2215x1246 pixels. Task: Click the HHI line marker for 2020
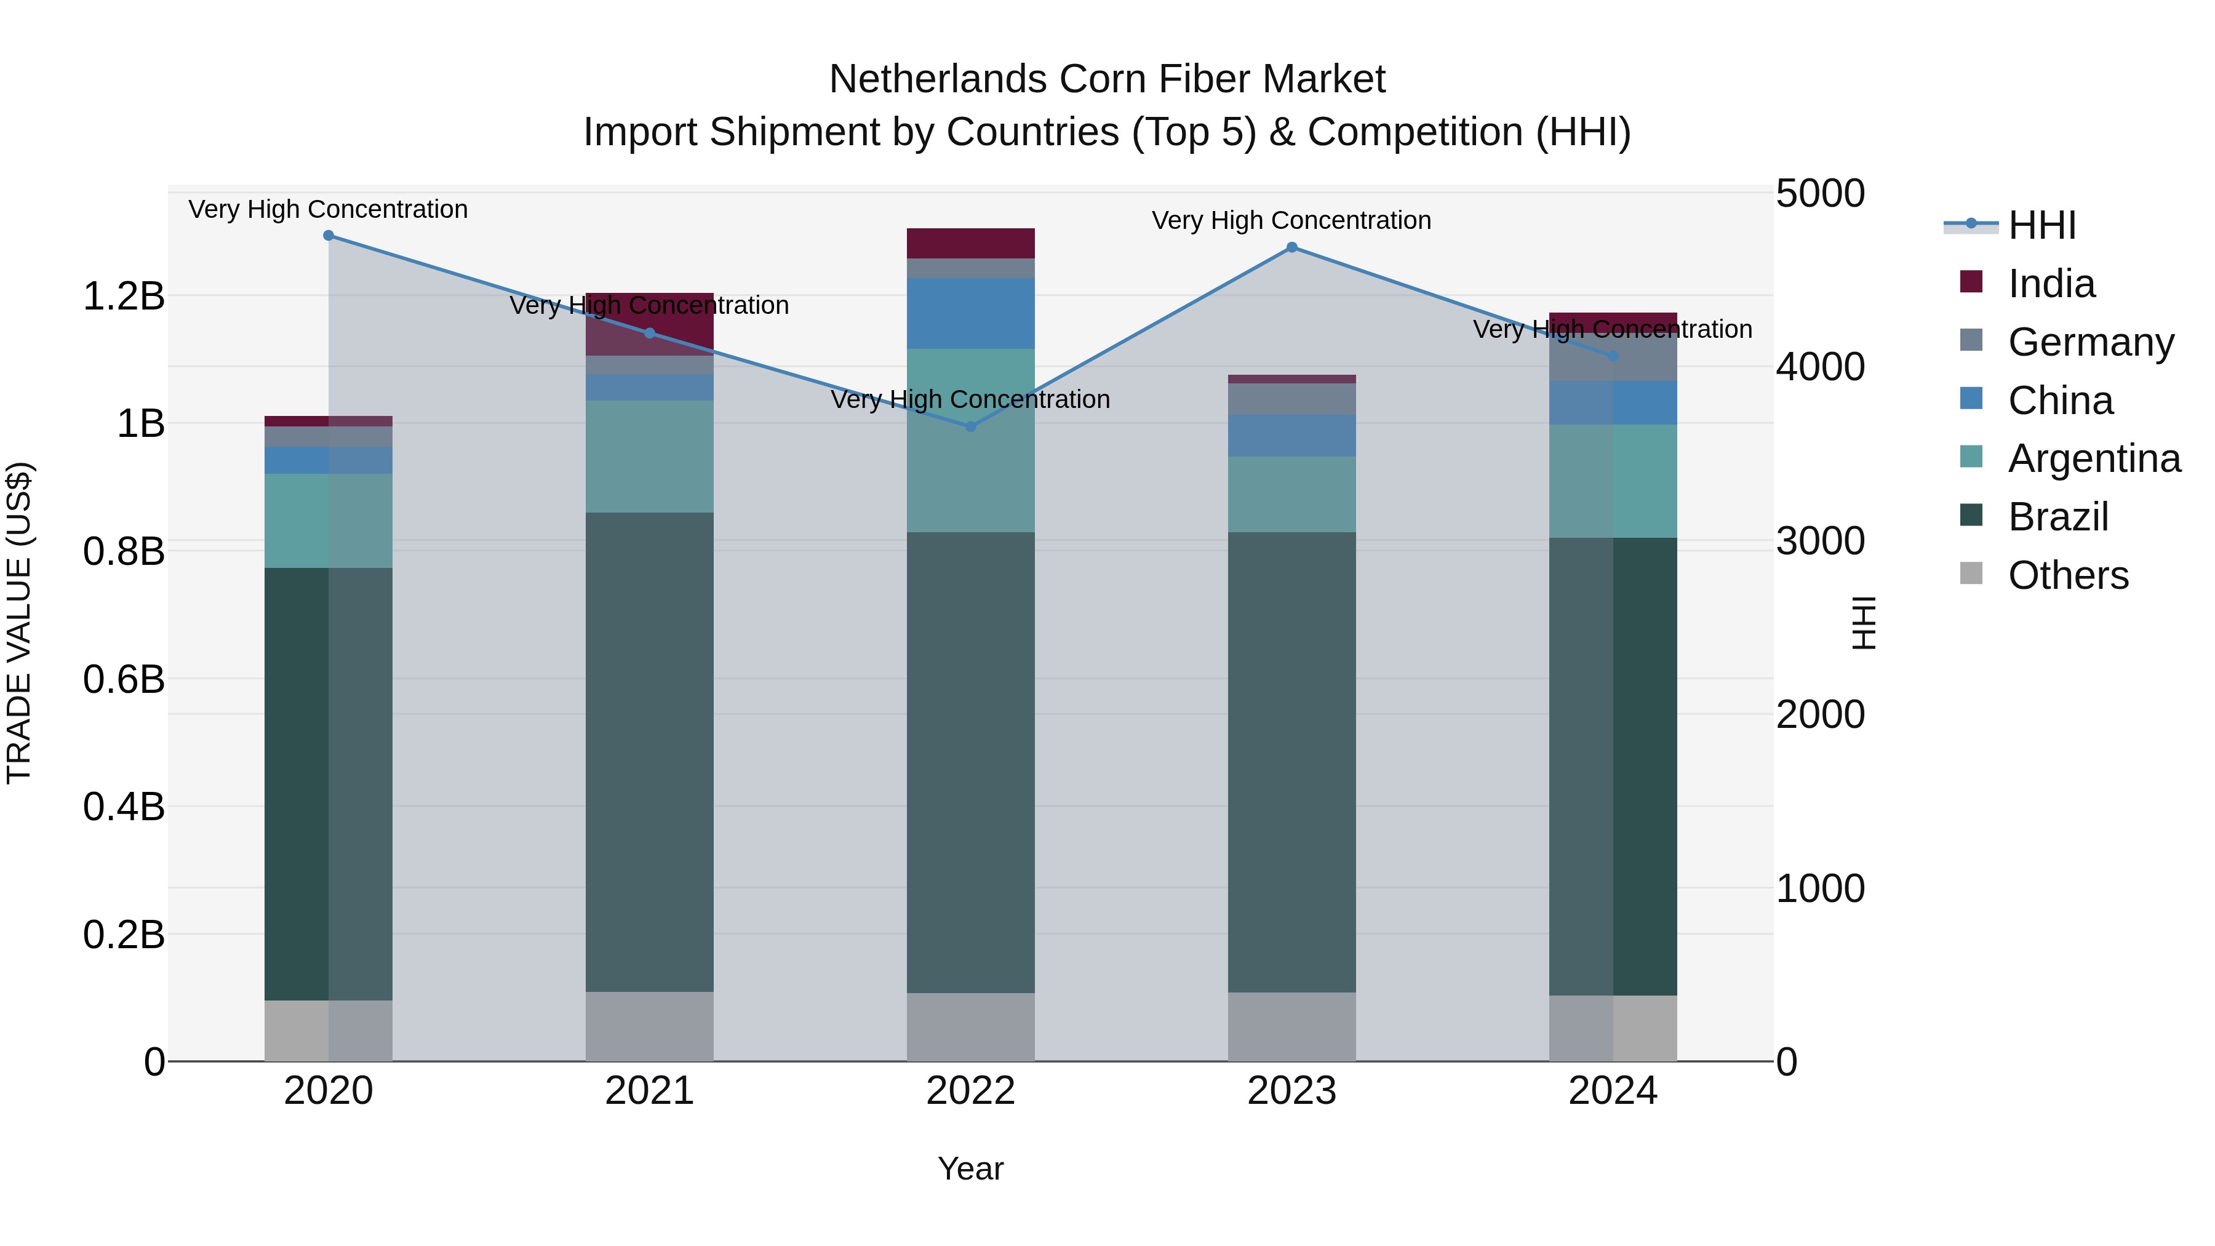[x=329, y=236]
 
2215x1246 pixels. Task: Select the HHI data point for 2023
[x=1291, y=247]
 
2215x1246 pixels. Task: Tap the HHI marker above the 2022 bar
[x=971, y=426]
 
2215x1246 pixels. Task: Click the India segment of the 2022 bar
[x=971, y=243]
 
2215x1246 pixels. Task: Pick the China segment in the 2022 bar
[x=971, y=313]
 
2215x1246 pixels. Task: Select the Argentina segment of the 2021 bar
[x=649, y=457]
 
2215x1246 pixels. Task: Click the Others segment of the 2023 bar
[x=1291, y=1027]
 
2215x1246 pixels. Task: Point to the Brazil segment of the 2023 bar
[x=1291, y=762]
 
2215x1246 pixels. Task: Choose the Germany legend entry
[x=2089, y=342]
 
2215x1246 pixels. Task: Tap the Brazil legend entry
[x=2057, y=517]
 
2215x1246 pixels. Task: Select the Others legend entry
[x=2067, y=575]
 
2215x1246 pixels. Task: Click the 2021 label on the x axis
[x=649, y=1091]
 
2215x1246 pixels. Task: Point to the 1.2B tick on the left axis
[x=123, y=297]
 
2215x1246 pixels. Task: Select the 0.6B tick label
[x=123, y=679]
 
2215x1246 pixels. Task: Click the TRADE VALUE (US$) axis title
[x=19, y=623]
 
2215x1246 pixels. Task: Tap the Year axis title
[x=971, y=1168]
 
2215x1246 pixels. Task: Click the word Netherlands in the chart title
[x=937, y=79]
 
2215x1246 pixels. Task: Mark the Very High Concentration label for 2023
[x=1291, y=220]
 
